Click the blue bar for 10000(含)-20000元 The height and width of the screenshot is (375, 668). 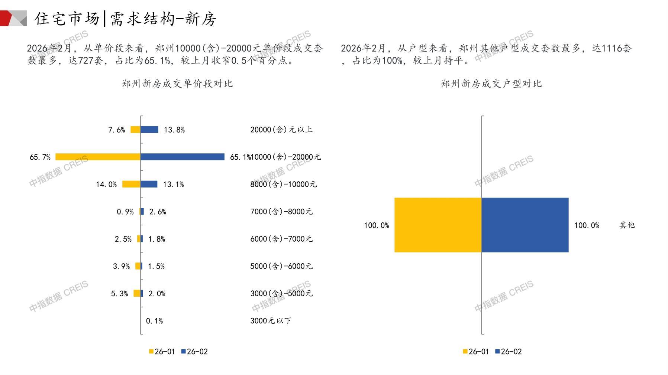[x=182, y=157]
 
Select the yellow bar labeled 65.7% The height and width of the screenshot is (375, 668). [x=98, y=157]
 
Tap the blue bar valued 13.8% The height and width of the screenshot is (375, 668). [x=149, y=130]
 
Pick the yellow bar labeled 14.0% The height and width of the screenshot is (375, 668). [x=131, y=184]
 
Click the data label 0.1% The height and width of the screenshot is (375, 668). [x=154, y=321]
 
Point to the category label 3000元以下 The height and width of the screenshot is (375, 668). [x=271, y=321]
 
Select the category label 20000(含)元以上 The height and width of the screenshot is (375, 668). [x=281, y=130]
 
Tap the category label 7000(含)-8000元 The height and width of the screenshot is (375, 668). [x=281, y=212]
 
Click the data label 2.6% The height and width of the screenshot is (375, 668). [x=158, y=212]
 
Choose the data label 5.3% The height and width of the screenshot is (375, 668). [x=119, y=294]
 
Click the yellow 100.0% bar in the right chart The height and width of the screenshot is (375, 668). [x=438, y=225]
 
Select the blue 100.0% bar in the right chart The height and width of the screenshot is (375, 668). [x=525, y=225]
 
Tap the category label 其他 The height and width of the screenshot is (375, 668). [x=627, y=225]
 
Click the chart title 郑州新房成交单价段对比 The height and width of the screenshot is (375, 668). [x=177, y=84]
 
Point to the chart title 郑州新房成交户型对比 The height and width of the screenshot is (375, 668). [x=491, y=84]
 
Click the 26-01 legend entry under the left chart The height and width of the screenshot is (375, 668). [x=162, y=352]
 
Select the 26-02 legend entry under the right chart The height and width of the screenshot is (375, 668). [x=509, y=352]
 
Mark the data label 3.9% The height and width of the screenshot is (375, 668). [x=121, y=266]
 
